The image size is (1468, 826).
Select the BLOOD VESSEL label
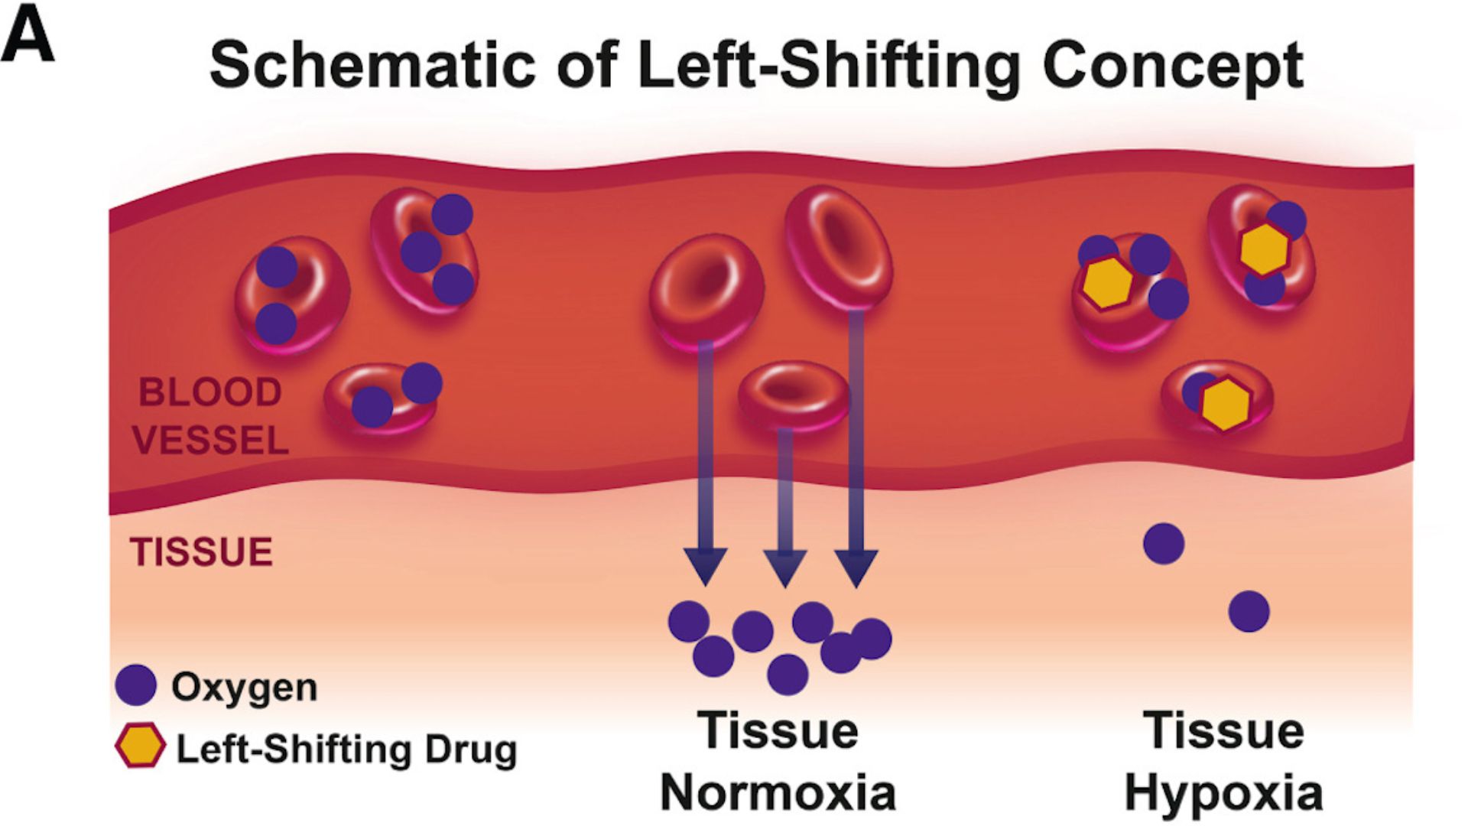click(210, 417)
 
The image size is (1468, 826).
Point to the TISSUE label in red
click(201, 552)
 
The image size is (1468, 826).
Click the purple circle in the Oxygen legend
click(136, 685)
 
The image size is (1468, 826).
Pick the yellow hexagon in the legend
click(140, 746)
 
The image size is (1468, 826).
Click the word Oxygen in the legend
click(244, 688)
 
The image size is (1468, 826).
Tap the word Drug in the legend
click(471, 750)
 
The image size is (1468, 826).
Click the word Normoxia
click(778, 792)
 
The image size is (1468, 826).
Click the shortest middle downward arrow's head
click(785, 569)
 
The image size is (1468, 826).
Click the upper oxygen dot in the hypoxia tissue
click(1164, 544)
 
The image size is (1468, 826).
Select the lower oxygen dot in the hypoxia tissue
click(1249, 611)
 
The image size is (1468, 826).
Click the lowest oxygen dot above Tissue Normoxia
click(788, 674)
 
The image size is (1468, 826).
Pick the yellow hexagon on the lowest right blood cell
click(1226, 404)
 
